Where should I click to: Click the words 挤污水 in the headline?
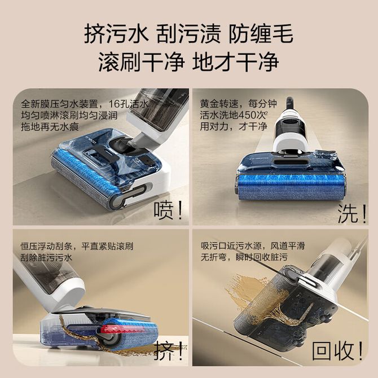click(116, 34)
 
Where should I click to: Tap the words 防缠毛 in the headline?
click(261, 34)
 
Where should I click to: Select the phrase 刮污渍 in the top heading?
click(188, 34)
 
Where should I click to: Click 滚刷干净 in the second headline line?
click(141, 61)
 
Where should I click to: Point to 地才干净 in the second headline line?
click(236, 61)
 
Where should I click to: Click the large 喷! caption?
click(168, 210)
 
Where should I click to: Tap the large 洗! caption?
click(352, 214)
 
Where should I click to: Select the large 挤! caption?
click(168, 351)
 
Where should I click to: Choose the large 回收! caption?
click(337, 351)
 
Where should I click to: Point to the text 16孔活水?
click(128, 104)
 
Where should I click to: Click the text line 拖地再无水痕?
click(50, 126)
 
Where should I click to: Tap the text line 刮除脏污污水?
click(46, 258)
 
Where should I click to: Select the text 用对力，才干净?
click(234, 126)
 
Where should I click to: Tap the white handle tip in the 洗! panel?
click(289, 103)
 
